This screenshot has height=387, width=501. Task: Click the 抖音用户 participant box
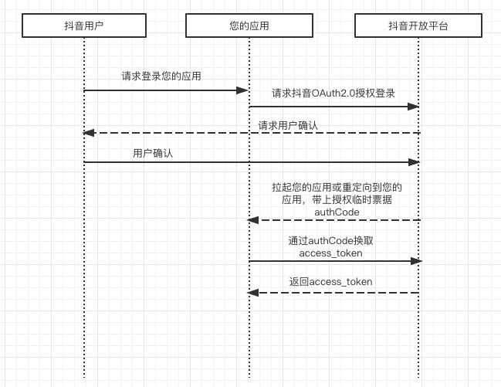coord(83,26)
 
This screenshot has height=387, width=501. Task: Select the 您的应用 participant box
coord(249,26)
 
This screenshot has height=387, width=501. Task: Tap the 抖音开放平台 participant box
coord(418,26)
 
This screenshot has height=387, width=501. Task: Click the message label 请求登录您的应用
coord(162,76)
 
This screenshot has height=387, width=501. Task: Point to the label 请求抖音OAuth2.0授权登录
coord(333,93)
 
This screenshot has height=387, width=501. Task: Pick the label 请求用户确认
coord(288,124)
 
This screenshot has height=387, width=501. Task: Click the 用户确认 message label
coord(153,153)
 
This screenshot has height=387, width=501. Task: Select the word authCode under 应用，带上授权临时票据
coord(337,212)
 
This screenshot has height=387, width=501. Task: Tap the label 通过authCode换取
coord(330,240)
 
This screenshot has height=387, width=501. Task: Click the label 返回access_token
coord(330,282)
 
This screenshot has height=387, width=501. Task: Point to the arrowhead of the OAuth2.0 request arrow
coord(414,107)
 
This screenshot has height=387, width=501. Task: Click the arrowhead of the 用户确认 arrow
coord(414,162)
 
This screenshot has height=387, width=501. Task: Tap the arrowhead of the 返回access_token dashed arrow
coord(252,293)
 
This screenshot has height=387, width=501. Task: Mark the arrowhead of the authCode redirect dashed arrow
coord(252,220)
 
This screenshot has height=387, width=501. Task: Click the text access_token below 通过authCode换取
coord(330,253)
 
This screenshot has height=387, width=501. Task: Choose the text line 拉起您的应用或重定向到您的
coord(337,187)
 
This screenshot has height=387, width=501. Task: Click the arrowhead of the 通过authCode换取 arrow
coord(417,261)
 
